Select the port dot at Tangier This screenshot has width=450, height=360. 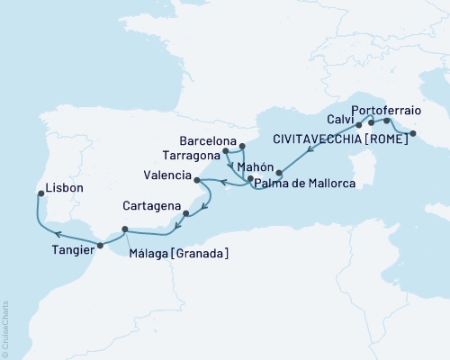click(100, 245)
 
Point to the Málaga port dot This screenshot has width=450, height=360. click(125, 229)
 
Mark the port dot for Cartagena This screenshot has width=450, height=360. click(185, 214)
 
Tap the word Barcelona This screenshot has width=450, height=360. click(207, 142)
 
